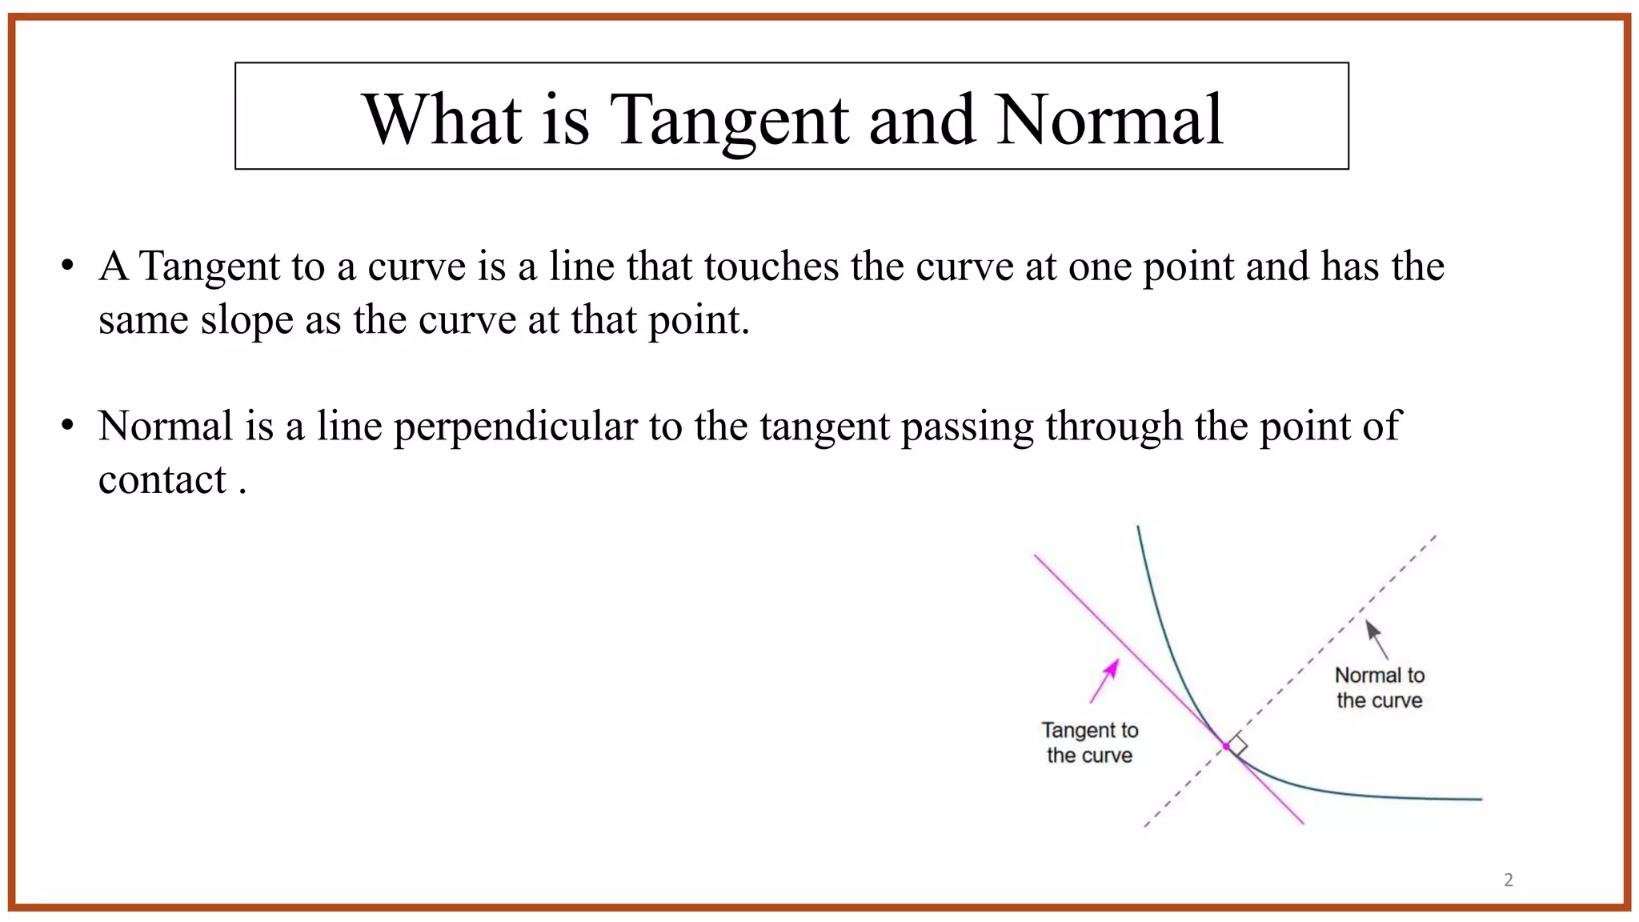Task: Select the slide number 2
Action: point(1508,880)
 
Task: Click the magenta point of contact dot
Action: point(1226,746)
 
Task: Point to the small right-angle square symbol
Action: point(1237,745)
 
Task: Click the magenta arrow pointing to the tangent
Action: point(1105,681)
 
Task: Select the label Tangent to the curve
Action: point(1089,743)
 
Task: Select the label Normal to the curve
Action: point(1380,687)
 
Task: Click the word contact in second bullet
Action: point(162,480)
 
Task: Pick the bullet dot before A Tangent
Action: point(68,266)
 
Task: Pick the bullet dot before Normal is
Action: point(68,426)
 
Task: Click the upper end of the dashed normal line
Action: point(1435,536)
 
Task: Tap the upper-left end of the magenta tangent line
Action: point(1036,556)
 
